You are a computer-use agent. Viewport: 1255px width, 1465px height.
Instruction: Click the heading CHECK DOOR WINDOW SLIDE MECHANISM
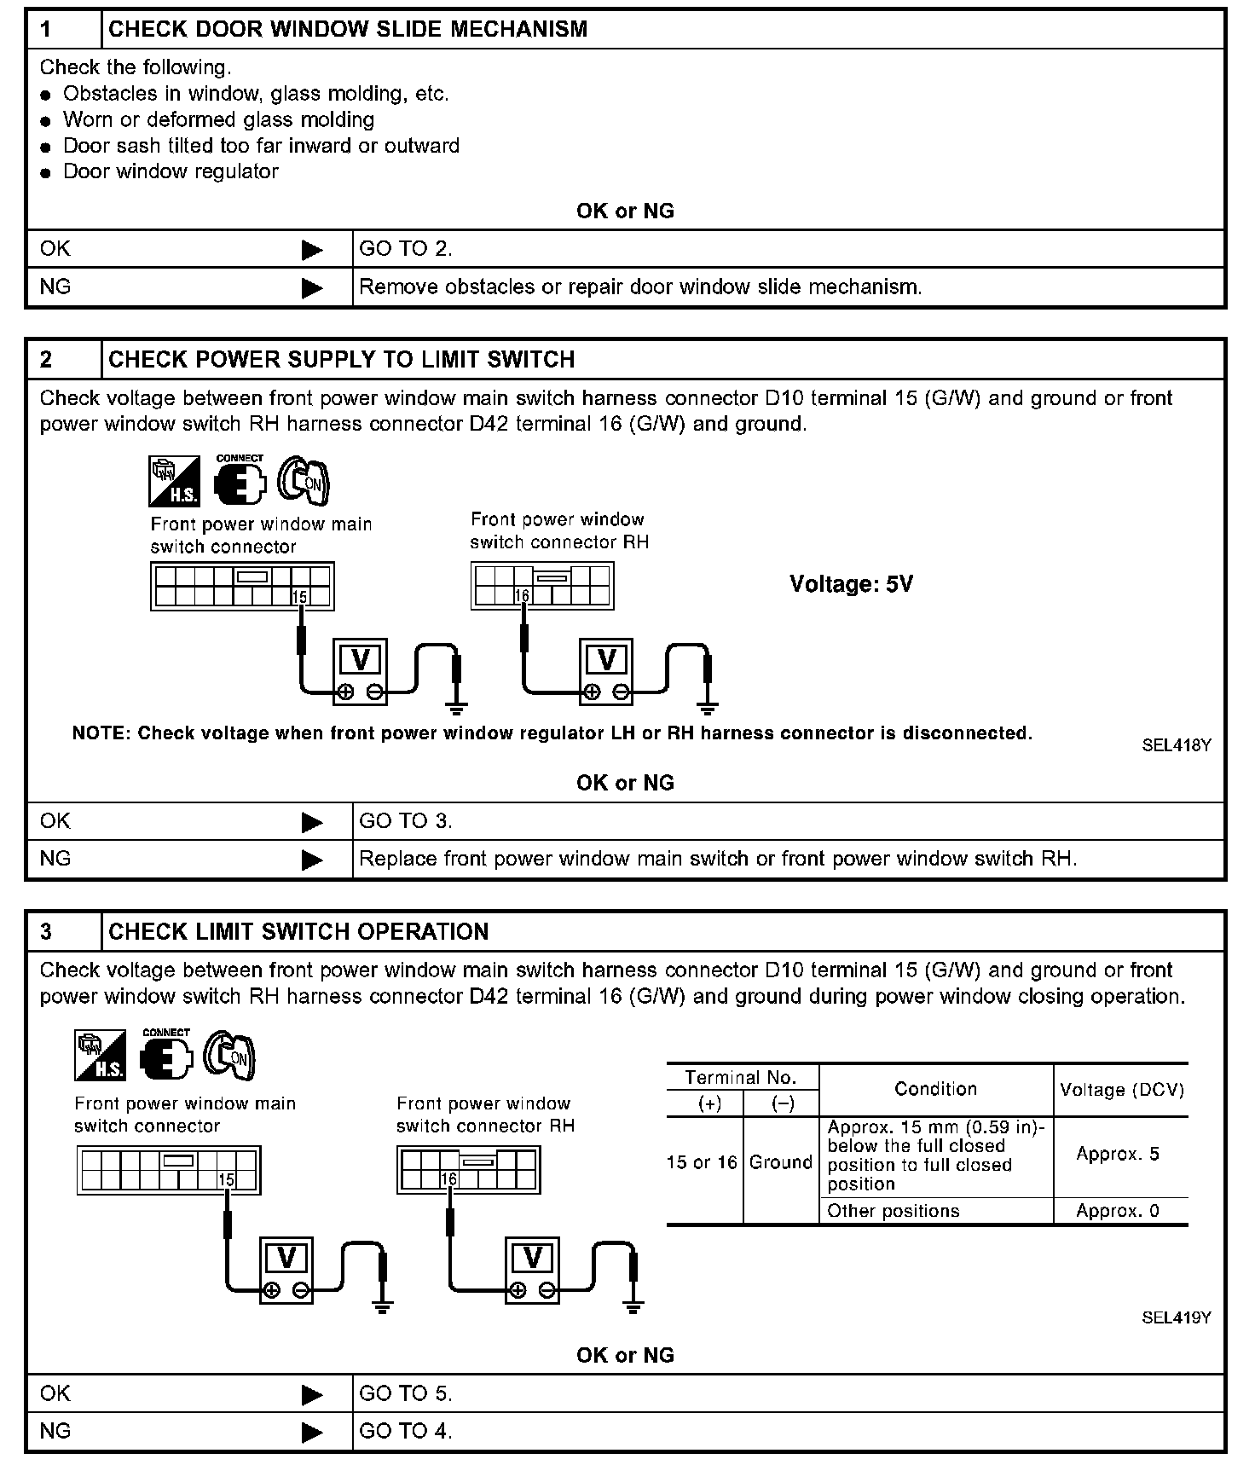[348, 29]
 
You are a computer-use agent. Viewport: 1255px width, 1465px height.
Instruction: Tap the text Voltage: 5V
[851, 584]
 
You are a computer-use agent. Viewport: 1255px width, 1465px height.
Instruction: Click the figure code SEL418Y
[1177, 745]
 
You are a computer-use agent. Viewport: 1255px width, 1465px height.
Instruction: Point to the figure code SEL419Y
[1177, 1317]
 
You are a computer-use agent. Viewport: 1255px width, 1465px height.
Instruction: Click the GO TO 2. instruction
[406, 249]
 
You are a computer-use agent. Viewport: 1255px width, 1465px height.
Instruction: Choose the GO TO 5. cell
[406, 1393]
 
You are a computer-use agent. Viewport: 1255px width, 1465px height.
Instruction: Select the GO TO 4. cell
[406, 1431]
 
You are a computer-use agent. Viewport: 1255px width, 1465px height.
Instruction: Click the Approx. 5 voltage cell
[1118, 1155]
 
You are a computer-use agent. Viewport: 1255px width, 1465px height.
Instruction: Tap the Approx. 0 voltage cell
[1118, 1211]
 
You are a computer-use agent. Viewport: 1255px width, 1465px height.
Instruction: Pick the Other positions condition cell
[894, 1211]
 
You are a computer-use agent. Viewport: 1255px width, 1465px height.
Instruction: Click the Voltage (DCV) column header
[1121, 1090]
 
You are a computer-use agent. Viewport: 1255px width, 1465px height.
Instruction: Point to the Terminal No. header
[740, 1077]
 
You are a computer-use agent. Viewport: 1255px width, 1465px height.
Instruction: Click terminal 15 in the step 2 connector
[299, 597]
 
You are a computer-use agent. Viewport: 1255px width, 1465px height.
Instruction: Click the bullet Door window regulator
[171, 171]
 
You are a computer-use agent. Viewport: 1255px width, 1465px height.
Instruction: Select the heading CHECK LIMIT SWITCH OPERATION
[298, 932]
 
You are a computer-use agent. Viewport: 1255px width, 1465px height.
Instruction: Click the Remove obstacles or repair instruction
[640, 287]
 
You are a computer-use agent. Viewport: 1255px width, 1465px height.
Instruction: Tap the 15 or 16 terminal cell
[702, 1162]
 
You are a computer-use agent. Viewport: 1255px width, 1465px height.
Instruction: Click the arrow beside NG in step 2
[312, 860]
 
